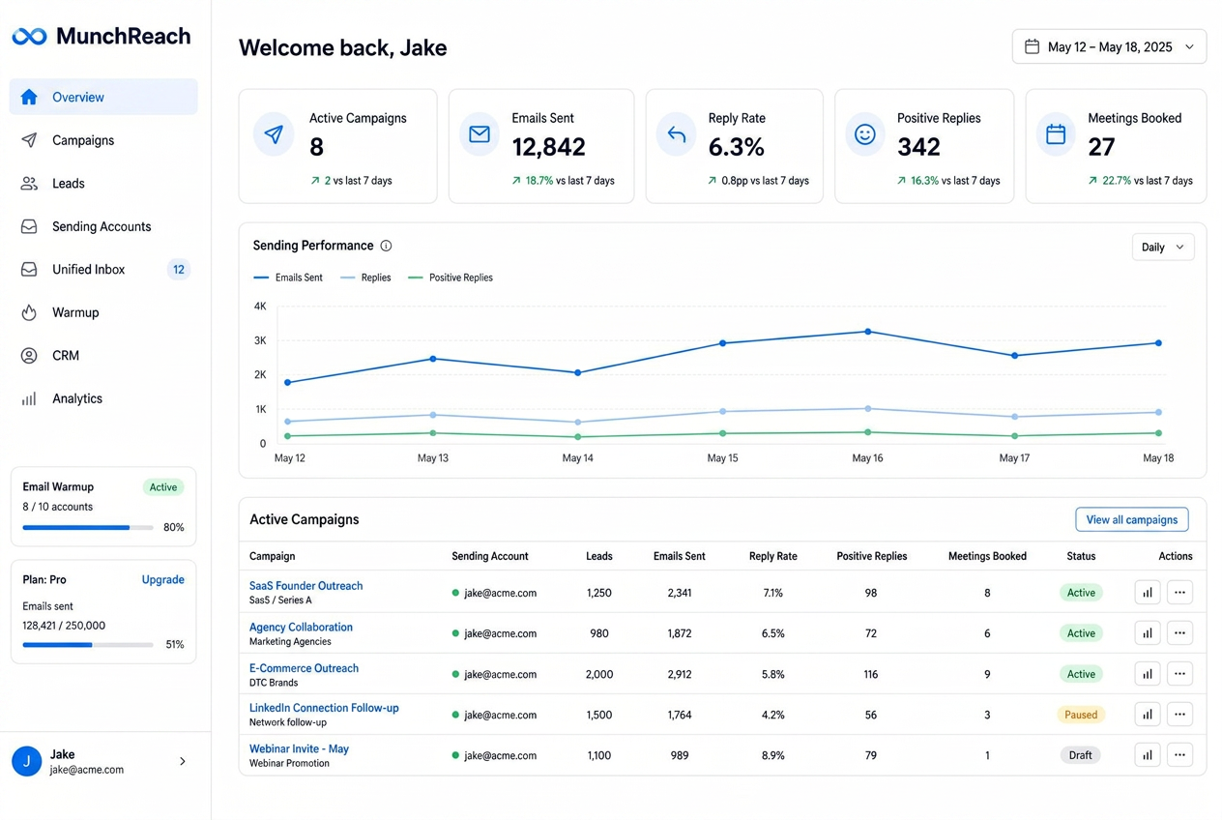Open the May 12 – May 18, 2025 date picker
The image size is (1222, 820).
tap(1109, 47)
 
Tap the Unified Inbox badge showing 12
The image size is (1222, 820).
tap(179, 270)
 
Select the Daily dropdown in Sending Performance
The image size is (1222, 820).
tap(1162, 248)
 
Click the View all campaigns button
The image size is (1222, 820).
tap(1131, 519)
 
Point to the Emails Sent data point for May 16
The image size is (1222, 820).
tap(868, 332)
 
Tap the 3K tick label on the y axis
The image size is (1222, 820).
tap(260, 340)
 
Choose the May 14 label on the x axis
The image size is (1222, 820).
tap(578, 458)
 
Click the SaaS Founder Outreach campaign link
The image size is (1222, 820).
tap(305, 585)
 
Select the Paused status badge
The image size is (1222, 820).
tap(1081, 715)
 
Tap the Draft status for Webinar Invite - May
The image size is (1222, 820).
tap(1080, 755)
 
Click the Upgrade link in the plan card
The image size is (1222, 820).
tap(162, 579)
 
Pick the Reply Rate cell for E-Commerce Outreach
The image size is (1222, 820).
tap(773, 674)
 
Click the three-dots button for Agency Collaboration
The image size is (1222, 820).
tap(1179, 632)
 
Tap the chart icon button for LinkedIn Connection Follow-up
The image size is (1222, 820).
tap(1148, 715)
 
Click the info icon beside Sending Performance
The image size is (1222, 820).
tap(386, 246)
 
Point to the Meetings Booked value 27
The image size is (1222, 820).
tap(1101, 147)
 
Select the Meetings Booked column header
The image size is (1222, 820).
tap(987, 556)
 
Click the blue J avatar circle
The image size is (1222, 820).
tap(27, 761)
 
